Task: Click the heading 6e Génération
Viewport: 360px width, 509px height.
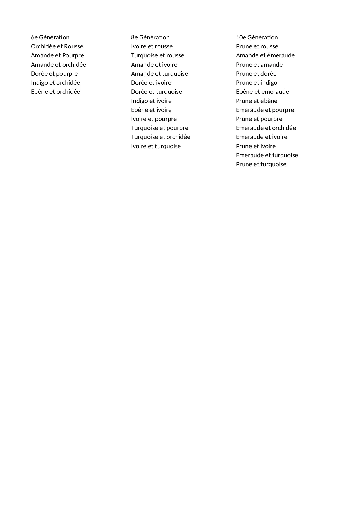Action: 50,37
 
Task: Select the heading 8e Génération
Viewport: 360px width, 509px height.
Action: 150,37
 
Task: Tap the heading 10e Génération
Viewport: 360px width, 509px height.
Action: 257,37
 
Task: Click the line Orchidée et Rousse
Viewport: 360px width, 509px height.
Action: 57,46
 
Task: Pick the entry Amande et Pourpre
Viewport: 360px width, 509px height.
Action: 57,55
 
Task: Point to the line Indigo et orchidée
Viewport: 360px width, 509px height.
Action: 55,83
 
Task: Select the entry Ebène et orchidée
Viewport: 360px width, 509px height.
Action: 55,92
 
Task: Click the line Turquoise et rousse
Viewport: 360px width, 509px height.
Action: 158,55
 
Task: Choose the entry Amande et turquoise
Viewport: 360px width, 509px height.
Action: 159,74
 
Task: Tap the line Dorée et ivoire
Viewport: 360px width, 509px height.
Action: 151,83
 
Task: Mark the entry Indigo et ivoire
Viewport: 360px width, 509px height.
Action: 151,101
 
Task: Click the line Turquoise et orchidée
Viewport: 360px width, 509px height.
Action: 160,137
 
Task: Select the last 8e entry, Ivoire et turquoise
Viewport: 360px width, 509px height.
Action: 156,146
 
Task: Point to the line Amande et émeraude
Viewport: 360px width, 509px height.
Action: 265,55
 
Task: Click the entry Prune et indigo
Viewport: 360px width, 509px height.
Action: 256,83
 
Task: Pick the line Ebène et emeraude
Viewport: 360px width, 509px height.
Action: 262,92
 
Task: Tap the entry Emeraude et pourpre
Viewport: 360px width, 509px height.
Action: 265,110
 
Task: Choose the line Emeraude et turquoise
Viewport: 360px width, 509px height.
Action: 267,155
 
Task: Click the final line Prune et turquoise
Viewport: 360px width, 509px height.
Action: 261,164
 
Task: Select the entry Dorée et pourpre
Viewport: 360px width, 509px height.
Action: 54,74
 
